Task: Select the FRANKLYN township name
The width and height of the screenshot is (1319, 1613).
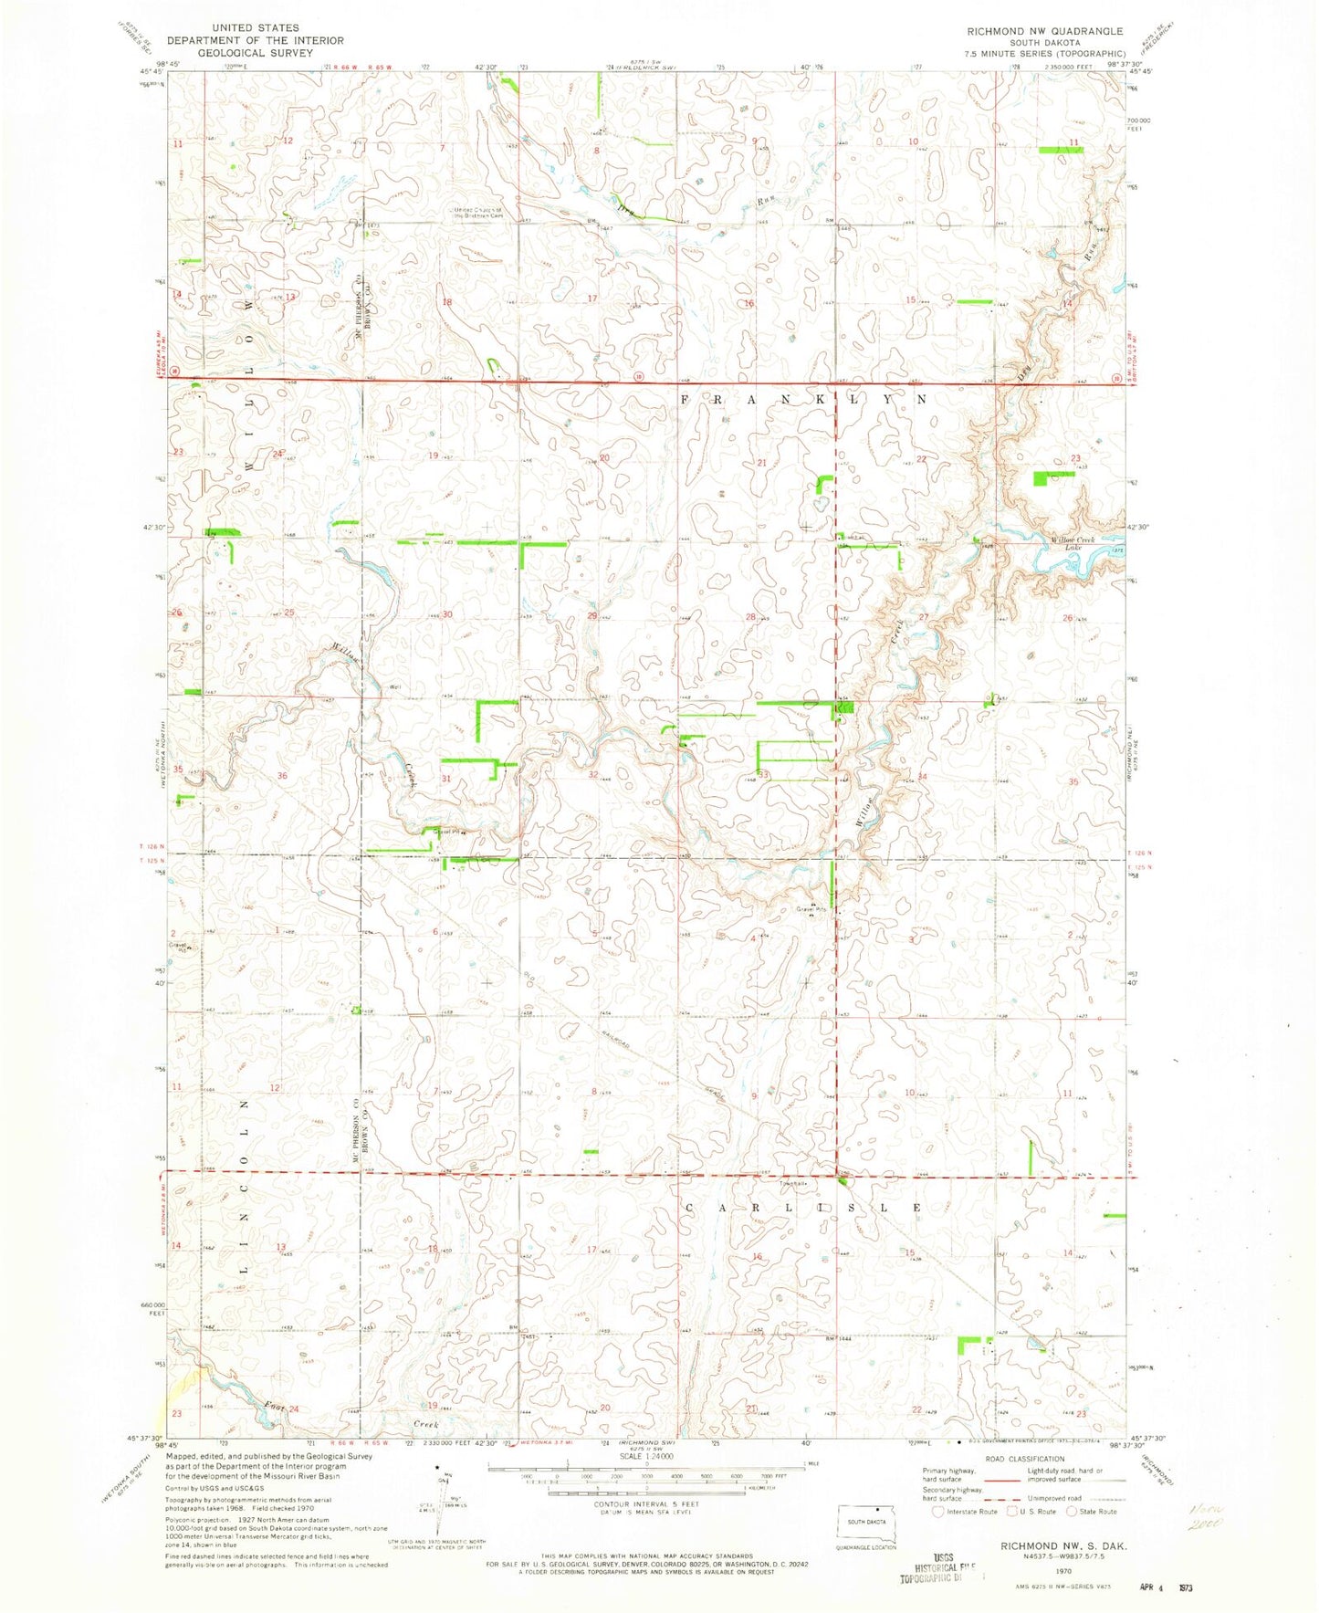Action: (x=803, y=400)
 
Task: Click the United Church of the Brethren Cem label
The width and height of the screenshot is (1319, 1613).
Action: (x=477, y=212)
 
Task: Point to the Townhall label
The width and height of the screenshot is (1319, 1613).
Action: (x=790, y=1184)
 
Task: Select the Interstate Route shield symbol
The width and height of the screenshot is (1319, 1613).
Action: (x=936, y=1512)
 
